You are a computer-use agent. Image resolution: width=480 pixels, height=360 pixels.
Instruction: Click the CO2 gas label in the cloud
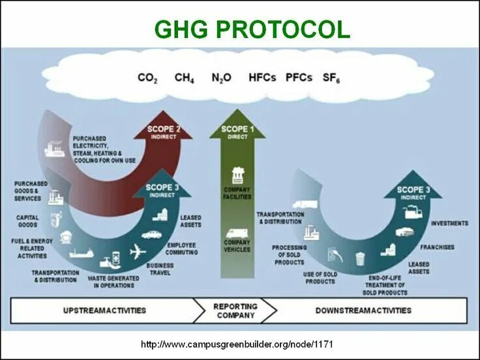click(147, 78)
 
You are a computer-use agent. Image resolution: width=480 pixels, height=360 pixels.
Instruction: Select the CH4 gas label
click(185, 78)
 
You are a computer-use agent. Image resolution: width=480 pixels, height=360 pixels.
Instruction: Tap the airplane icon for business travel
click(138, 251)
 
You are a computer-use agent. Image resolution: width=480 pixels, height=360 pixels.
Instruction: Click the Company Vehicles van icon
click(237, 233)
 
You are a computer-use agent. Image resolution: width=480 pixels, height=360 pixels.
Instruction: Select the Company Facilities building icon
click(237, 175)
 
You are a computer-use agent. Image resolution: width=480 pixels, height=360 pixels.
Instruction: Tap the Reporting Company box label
click(235, 310)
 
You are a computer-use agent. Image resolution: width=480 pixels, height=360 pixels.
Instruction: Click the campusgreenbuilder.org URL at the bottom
click(240, 343)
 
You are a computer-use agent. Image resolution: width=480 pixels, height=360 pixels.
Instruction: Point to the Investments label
click(449, 223)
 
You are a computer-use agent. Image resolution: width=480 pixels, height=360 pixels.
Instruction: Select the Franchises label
click(437, 248)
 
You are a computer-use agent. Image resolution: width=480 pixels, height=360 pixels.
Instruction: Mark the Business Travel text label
click(159, 269)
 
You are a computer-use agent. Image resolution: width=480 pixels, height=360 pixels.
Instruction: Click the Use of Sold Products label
click(320, 278)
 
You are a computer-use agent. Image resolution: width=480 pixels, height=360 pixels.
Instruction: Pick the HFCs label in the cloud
click(263, 78)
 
